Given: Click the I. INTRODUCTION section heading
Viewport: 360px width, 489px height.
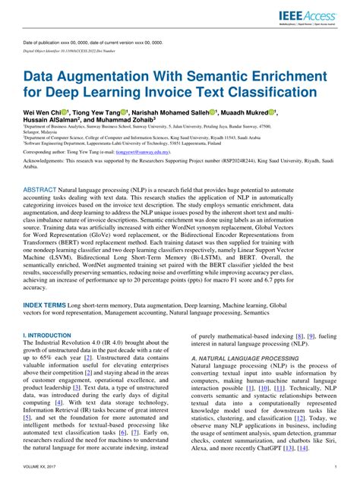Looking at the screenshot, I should (47, 334).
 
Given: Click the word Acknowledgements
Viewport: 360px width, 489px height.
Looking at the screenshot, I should (46, 162).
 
